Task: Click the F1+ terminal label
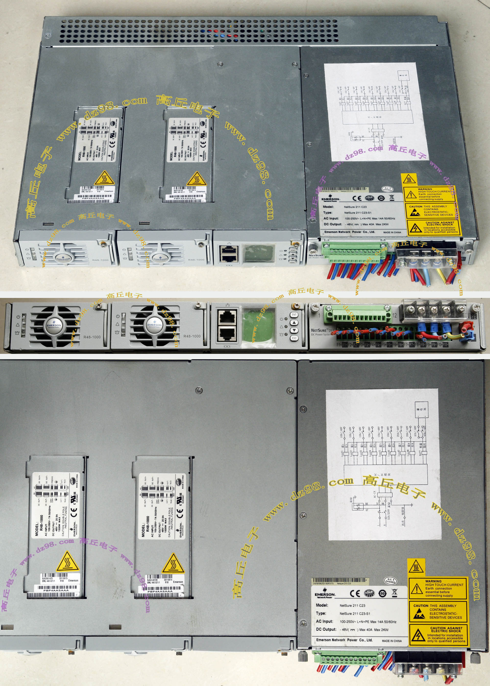click(x=339, y=345)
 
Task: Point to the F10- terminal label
click(x=445, y=345)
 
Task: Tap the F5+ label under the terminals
click(x=384, y=345)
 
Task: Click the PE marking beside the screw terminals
click(x=473, y=317)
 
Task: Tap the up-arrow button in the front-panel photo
click(x=294, y=322)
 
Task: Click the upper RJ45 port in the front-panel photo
click(x=227, y=317)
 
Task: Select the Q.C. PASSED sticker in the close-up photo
click(x=391, y=580)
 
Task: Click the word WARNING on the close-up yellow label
click(x=433, y=581)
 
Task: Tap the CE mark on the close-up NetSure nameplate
click(x=355, y=593)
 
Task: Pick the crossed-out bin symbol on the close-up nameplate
click(x=394, y=593)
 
